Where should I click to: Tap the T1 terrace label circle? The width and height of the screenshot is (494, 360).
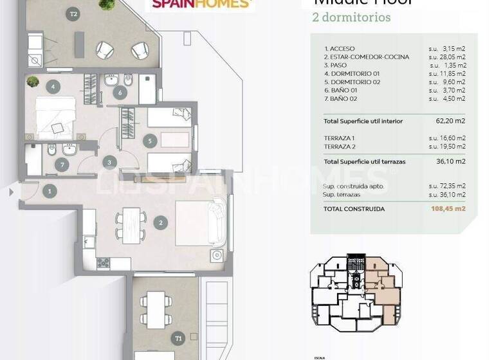(x=178, y=337)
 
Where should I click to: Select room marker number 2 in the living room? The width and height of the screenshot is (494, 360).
(x=160, y=224)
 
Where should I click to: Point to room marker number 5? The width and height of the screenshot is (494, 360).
(x=149, y=141)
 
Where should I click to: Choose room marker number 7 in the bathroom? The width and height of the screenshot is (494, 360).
(x=119, y=93)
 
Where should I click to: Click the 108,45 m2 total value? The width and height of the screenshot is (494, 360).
(x=448, y=208)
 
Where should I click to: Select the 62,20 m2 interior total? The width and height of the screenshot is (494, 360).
(x=450, y=120)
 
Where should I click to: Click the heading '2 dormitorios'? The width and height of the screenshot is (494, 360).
(x=351, y=17)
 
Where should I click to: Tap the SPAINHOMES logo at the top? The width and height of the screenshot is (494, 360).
(x=201, y=4)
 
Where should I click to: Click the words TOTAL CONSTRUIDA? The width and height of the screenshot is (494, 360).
(x=354, y=208)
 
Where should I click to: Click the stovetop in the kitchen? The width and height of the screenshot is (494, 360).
(x=104, y=264)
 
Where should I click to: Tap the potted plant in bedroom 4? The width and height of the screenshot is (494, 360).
(x=33, y=82)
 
